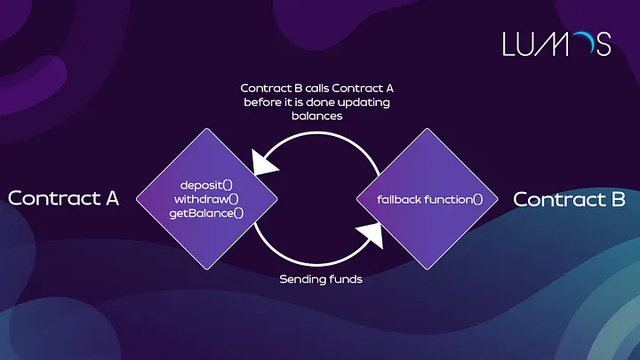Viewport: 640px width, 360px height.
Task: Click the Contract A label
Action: [x=63, y=197]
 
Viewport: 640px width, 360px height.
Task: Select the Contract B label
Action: [x=570, y=198]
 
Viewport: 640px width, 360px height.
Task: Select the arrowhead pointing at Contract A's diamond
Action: [x=264, y=163]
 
